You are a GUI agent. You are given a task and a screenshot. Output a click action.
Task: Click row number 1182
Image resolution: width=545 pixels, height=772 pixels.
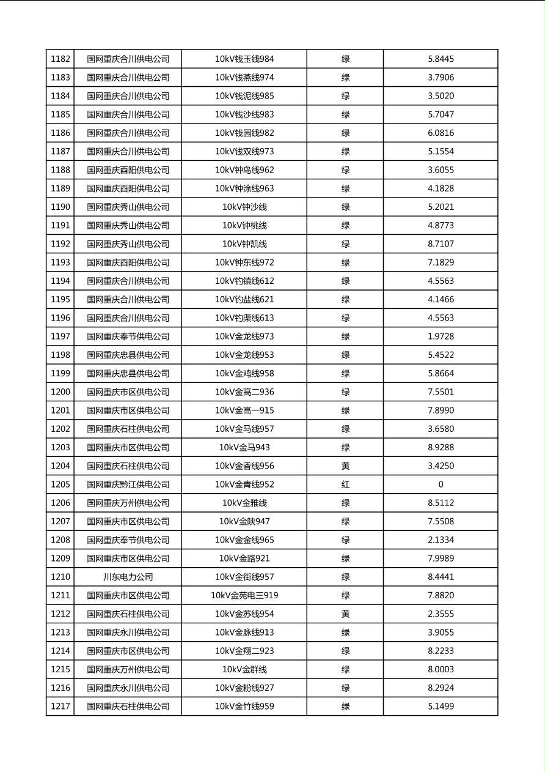pyautogui.click(x=60, y=59)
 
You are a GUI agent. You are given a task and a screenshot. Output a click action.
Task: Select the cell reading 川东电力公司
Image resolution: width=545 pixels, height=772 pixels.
pyautogui.click(x=128, y=577)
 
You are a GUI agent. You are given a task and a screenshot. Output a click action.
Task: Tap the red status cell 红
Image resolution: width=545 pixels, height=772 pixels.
pyautogui.click(x=345, y=484)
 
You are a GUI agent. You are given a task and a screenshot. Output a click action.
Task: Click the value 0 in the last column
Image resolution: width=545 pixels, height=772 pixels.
pyautogui.click(x=441, y=484)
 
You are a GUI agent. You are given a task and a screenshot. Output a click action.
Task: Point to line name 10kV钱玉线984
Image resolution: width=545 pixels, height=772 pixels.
pyautogui.click(x=244, y=59)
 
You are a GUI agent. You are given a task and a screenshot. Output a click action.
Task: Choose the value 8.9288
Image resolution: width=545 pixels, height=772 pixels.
pyautogui.click(x=441, y=447)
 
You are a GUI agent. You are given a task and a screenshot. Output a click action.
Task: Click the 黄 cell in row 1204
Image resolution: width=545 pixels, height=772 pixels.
pyautogui.click(x=345, y=466)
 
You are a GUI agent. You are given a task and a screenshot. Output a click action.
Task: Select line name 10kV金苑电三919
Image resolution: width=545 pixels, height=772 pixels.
pyautogui.click(x=244, y=595)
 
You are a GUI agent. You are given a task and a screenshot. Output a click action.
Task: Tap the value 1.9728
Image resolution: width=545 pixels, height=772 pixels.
pyautogui.click(x=441, y=336)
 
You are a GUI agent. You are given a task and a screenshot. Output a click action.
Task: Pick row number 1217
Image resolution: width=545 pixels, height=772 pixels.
pyautogui.click(x=60, y=707)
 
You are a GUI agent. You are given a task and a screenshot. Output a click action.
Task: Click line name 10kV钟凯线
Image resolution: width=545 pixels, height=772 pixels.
pyautogui.click(x=244, y=244)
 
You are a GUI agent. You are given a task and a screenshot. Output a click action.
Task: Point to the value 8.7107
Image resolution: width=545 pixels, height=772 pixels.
pyautogui.click(x=441, y=244)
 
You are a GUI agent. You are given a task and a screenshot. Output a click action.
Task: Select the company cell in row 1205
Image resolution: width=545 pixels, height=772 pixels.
pyautogui.click(x=128, y=484)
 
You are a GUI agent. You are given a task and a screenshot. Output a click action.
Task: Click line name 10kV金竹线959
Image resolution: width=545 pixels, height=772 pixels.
pyautogui.click(x=244, y=707)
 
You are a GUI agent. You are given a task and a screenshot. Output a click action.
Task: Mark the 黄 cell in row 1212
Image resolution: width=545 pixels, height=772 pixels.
pyautogui.click(x=345, y=614)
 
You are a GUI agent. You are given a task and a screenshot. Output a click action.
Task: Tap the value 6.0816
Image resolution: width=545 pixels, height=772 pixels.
pyautogui.click(x=441, y=133)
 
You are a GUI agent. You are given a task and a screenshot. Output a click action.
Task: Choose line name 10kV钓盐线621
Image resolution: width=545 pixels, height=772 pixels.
pyautogui.click(x=244, y=300)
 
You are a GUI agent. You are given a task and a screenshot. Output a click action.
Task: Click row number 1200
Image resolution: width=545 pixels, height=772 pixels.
pyautogui.click(x=60, y=392)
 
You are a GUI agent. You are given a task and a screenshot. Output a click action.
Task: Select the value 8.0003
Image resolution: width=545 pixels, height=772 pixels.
pyautogui.click(x=441, y=669)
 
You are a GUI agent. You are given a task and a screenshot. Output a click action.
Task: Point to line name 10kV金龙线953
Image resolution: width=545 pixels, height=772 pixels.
pyautogui.click(x=244, y=355)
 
